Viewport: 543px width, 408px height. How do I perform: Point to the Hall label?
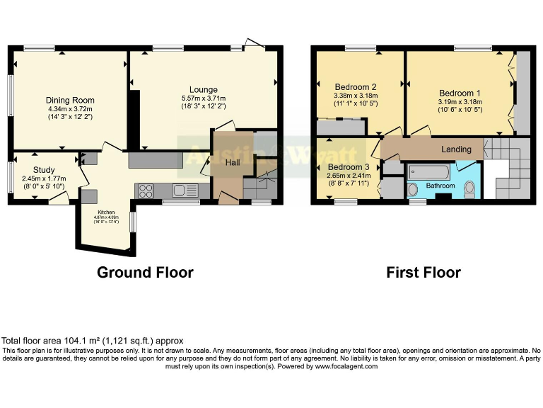coord(233,163)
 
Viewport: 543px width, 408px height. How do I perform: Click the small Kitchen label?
coord(105,211)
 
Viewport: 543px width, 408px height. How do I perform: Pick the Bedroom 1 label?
coord(460,93)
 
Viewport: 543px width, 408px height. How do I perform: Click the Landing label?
coord(456,149)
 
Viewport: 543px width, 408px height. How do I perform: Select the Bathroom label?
coord(440,186)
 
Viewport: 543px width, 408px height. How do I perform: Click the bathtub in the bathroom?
coord(428,171)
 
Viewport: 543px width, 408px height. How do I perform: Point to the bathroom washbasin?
coord(413,190)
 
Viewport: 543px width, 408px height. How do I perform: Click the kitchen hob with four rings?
coord(147,190)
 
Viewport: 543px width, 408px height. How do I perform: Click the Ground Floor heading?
coord(145,272)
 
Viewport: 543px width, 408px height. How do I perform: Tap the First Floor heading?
coord(424,272)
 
